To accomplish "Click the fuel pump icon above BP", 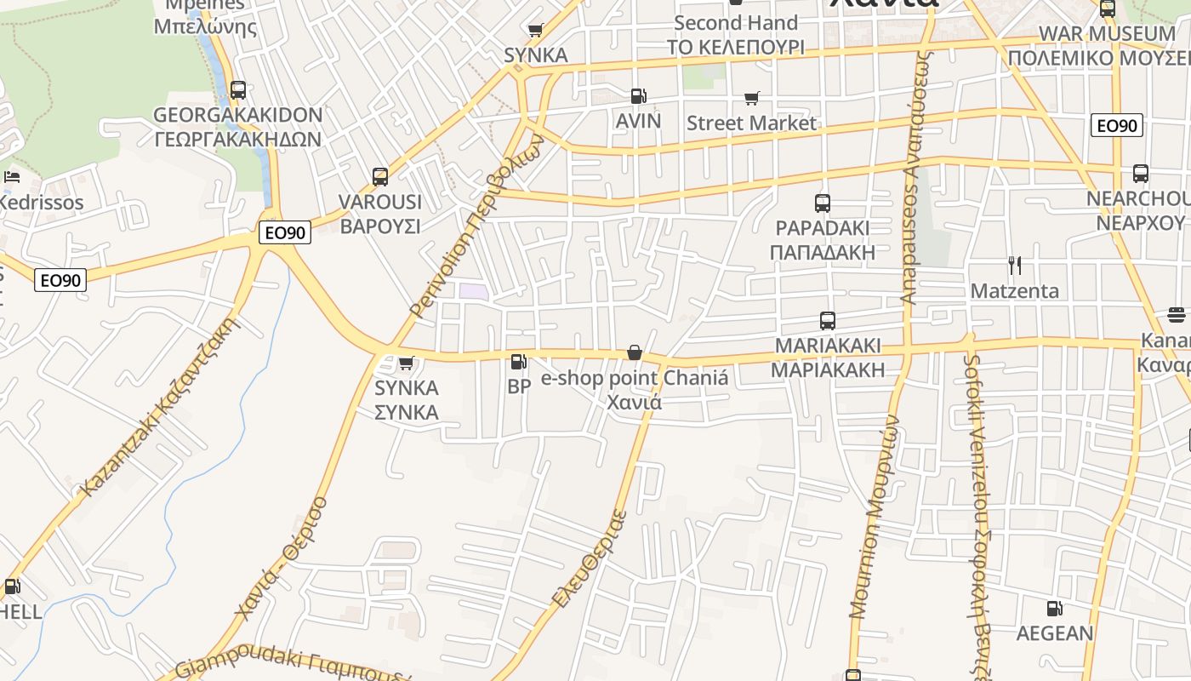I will pyautogui.click(x=518, y=362).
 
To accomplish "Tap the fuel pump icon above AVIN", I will pyautogui.click(x=638, y=97).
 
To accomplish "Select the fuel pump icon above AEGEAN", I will pyautogui.click(x=1054, y=609).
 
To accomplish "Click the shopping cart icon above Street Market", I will pyautogui.click(x=751, y=99).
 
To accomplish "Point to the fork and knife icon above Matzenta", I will pyautogui.click(x=1014, y=266).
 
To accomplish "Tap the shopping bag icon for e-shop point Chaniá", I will pyautogui.click(x=634, y=352).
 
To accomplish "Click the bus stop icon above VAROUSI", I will pyautogui.click(x=380, y=177).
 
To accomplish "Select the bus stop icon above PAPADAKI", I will pyautogui.click(x=822, y=203).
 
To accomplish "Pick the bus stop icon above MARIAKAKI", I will pyautogui.click(x=827, y=321).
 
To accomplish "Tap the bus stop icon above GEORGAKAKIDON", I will pyautogui.click(x=238, y=89).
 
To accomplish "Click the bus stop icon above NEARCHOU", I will pyautogui.click(x=1140, y=175).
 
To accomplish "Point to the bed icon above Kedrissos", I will pyautogui.click(x=12, y=177).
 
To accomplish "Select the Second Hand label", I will pyautogui.click(x=735, y=23).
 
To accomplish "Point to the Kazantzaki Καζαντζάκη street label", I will pyautogui.click(x=159, y=407).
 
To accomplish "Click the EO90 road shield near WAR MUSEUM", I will pyautogui.click(x=1116, y=126).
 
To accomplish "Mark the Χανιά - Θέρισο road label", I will pyautogui.click(x=281, y=557).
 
